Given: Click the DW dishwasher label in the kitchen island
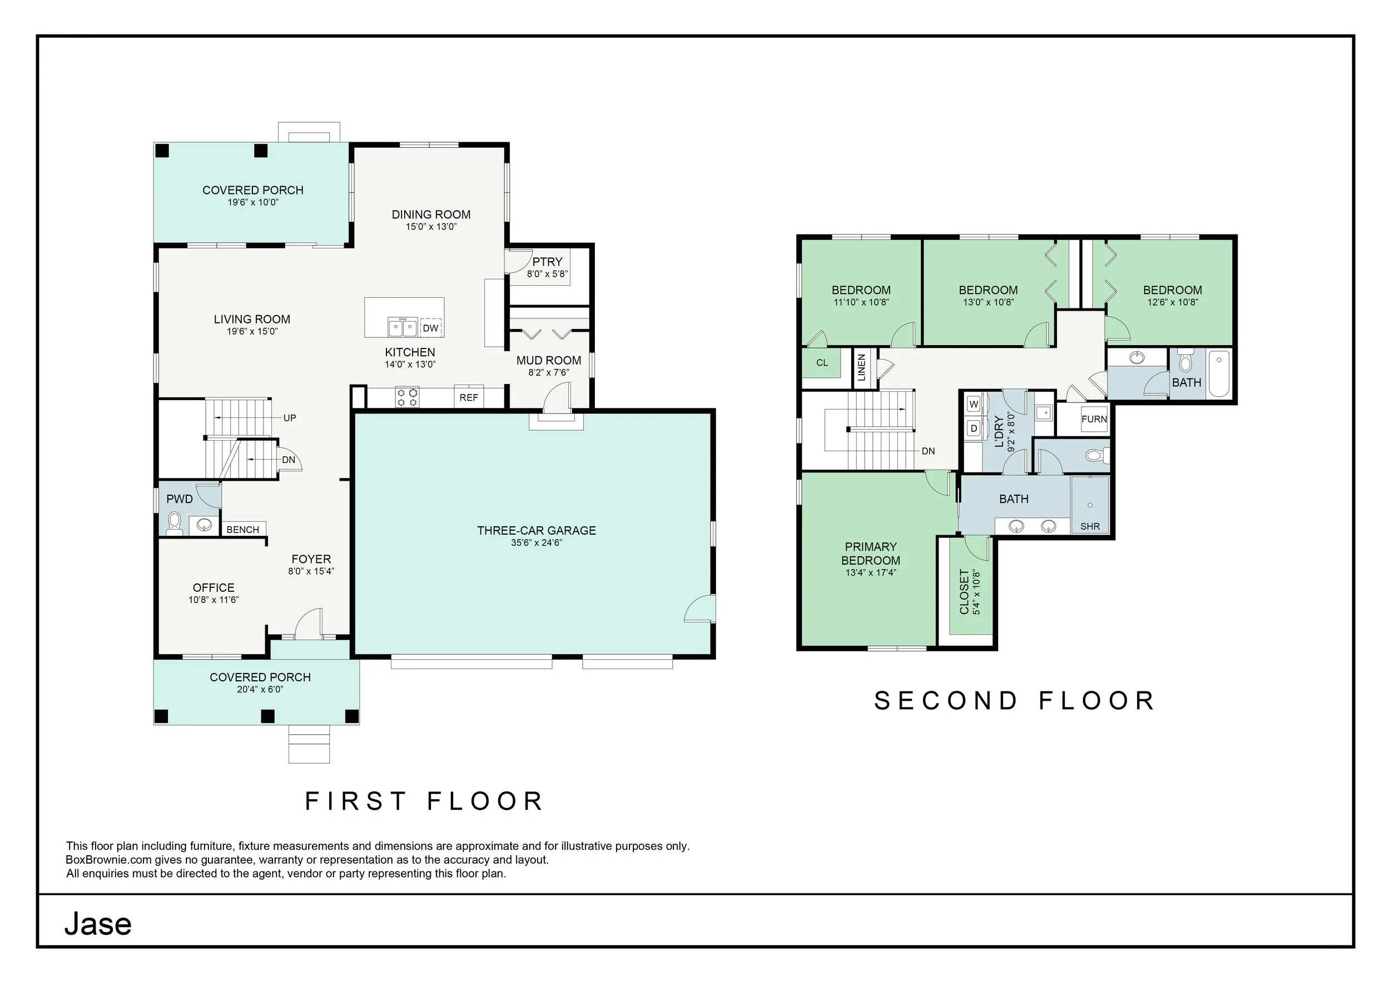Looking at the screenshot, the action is (430, 328).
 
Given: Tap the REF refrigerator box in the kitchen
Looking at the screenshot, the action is (469, 396).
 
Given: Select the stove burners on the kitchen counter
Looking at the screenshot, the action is (407, 397).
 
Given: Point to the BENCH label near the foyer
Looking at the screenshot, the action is (243, 530).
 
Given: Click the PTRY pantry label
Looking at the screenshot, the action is (547, 261).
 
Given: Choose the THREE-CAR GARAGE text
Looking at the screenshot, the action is (537, 530).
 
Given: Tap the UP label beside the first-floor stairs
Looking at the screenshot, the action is (290, 418).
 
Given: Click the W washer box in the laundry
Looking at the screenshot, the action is (974, 404).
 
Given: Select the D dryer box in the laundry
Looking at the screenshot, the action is (974, 428).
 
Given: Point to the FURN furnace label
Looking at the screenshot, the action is (1094, 418).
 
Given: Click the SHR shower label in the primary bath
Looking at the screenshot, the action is (1090, 526).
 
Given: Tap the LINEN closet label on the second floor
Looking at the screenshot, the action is (861, 367).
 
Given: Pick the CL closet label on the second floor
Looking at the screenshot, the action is (822, 363).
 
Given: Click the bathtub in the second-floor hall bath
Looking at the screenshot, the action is (1219, 374).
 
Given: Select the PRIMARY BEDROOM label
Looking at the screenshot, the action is (871, 554).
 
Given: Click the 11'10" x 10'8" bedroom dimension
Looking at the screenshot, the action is (861, 302).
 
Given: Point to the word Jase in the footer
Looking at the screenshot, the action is (98, 924).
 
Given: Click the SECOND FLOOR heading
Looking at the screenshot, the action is (1015, 701).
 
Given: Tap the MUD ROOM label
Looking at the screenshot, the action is (548, 361).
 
